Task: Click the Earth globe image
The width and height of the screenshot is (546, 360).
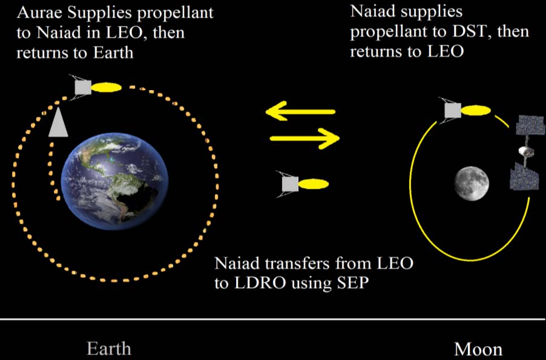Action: pyautogui.click(x=114, y=181)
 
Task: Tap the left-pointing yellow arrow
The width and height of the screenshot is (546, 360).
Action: pyautogui.click(x=300, y=111)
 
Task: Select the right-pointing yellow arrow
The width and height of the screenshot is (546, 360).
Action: pyautogui.click(x=304, y=138)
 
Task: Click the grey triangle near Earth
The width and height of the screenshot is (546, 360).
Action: pyautogui.click(x=58, y=122)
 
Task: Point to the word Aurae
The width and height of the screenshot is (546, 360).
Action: pyautogui.click(x=39, y=13)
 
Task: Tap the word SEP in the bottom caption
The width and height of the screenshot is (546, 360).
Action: pyautogui.click(x=352, y=283)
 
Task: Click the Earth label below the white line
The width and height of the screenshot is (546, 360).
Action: pyautogui.click(x=108, y=349)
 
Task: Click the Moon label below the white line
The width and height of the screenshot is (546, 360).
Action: pyautogui.click(x=478, y=349)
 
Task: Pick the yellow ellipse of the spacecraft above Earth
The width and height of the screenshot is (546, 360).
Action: pyautogui.click(x=106, y=87)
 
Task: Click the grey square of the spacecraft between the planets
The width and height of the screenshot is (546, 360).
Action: pyautogui.click(x=290, y=184)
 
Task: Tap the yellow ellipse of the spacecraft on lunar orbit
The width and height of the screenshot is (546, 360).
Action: pyautogui.click(x=476, y=111)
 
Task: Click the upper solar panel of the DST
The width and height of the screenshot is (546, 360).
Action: pyautogui.click(x=530, y=125)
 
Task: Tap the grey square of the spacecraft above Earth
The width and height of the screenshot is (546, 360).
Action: pyautogui.click(x=83, y=87)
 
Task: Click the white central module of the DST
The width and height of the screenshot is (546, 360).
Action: pyautogui.click(x=525, y=151)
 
